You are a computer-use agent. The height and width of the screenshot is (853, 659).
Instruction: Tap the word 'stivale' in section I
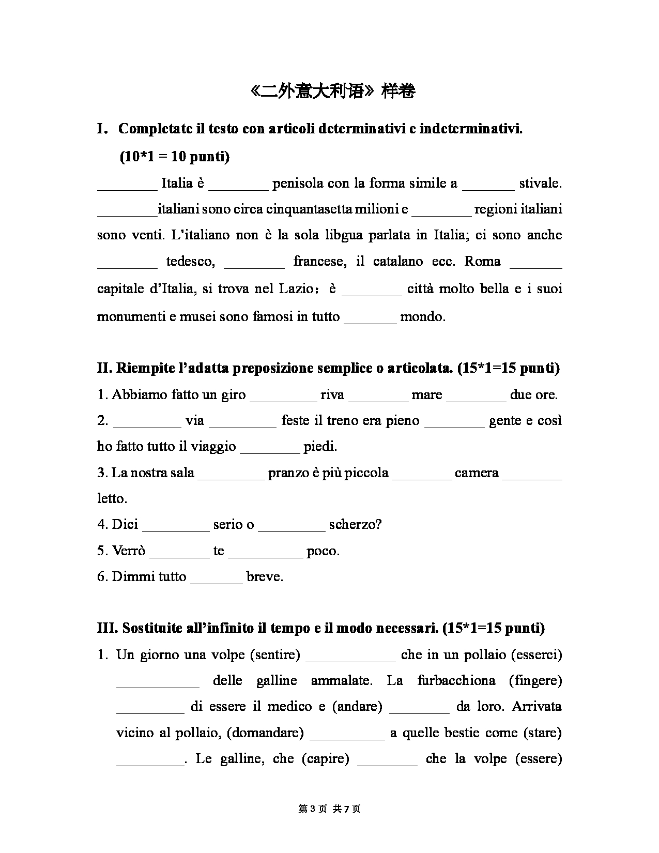pyautogui.click(x=540, y=183)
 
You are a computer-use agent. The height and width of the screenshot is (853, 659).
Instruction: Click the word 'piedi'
pyautogui.click(x=320, y=447)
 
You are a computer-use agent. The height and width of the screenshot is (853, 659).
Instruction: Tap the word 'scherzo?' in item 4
pyautogui.click(x=355, y=525)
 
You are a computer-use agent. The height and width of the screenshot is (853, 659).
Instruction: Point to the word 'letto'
pyautogui.click(x=111, y=499)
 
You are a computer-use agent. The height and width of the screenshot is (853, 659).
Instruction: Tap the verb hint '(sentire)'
pyautogui.click(x=275, y=655)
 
